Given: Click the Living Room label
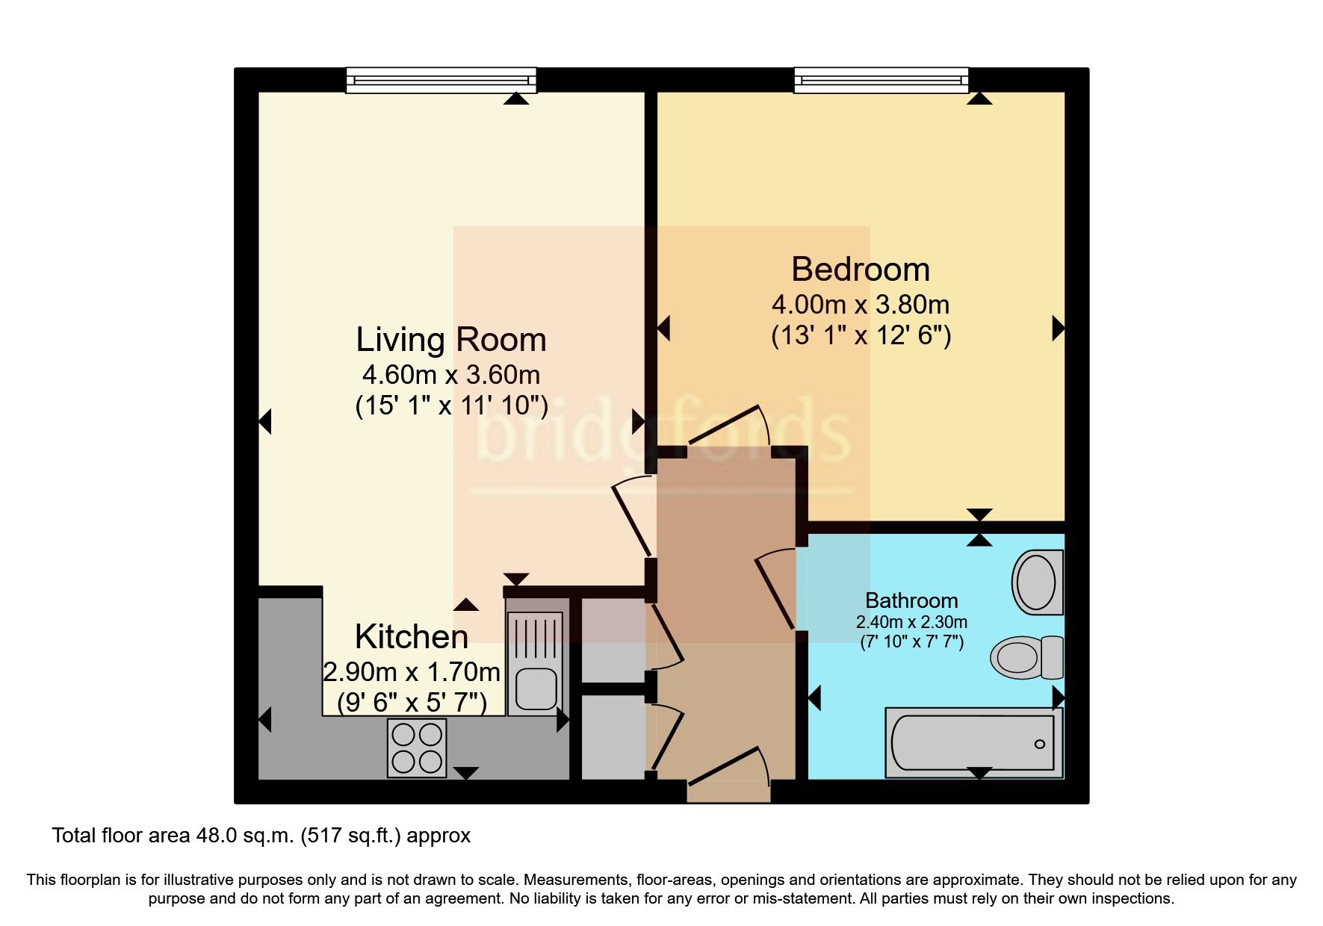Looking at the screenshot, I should tap(451, 340).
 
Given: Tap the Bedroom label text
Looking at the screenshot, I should tap(861, 270).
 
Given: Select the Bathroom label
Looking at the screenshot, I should tap(911, 600).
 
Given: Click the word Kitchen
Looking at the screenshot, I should tap(412, 637).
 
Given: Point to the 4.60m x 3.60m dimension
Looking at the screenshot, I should tap(451, 374).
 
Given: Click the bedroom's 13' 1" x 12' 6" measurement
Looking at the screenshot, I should tap(861, 335).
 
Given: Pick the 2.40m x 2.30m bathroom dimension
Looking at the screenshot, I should tap(911, 622).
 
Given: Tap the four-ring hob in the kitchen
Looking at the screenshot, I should tap(417, 748).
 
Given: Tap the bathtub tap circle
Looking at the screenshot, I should tap(1039, 745).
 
